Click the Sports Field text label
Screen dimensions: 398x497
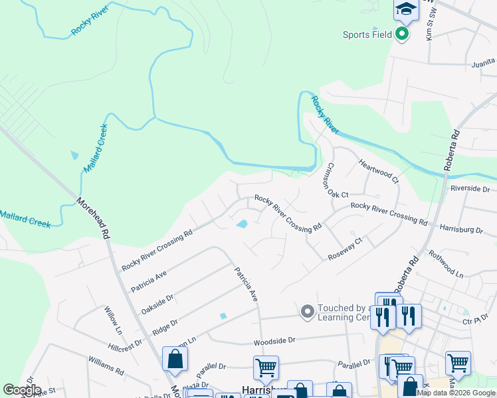367,35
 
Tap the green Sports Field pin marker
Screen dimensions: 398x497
402,34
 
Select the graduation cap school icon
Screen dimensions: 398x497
405,10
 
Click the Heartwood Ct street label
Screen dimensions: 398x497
377,171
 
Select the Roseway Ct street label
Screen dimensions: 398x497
345,249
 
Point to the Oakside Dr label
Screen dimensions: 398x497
157,304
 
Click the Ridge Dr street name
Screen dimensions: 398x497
165,327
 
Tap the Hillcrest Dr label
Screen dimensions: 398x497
125,345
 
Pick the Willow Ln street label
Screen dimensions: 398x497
114,321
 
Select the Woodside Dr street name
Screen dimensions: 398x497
274,341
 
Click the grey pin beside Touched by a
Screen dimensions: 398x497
307,310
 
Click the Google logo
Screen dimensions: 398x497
22,390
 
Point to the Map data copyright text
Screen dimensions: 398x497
456,393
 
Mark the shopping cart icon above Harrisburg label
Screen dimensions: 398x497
266,366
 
